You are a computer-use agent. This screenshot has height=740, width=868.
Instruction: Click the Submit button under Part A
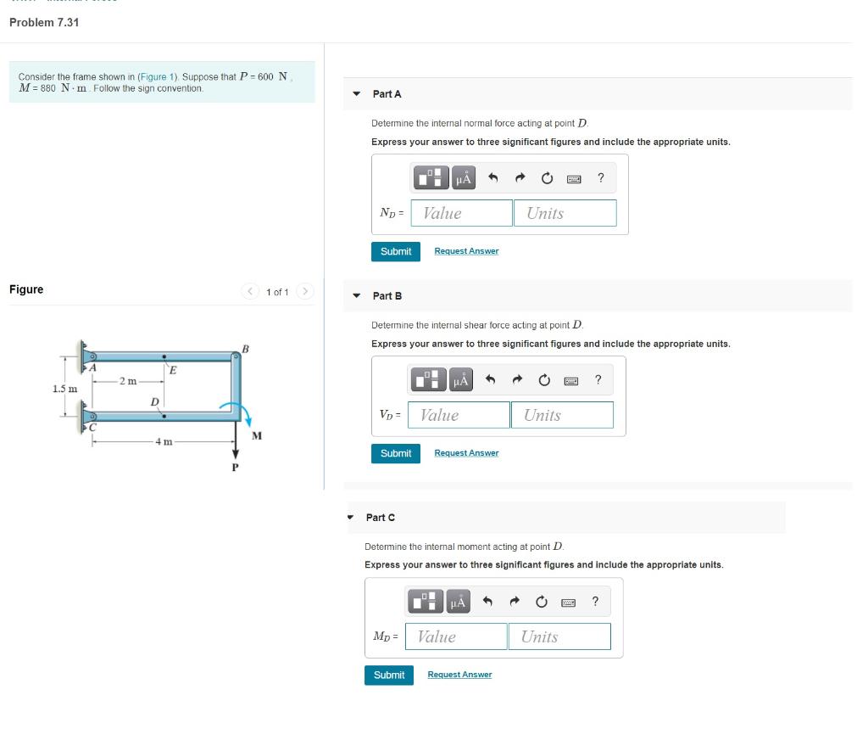coord(395,251)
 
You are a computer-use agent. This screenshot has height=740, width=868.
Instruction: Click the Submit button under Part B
coord(395,453)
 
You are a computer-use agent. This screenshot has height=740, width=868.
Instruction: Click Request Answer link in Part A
coord(466,251)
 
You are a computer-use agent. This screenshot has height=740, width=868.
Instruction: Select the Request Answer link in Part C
coord(459,675)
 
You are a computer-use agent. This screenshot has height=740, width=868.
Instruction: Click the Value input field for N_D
coord(462,213)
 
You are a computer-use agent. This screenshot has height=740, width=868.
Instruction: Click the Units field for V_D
coord(561,415)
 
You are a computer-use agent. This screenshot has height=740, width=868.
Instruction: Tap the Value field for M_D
coord(457,636)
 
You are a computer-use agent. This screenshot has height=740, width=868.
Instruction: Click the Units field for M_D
coord(559,636)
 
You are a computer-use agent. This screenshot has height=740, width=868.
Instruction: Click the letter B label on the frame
coord(246,349)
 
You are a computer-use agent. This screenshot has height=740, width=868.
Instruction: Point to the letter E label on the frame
coord(173,370)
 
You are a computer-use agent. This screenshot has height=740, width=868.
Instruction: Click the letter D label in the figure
coord(154,401)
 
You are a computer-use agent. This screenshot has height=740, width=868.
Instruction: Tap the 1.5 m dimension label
coord(65,389)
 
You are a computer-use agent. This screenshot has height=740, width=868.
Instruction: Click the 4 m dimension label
coord(164,442)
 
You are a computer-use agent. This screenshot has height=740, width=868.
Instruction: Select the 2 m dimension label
coord(128,380)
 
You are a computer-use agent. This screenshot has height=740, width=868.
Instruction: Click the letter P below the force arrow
coord(236,468)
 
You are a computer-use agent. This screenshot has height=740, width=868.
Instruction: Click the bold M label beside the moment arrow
coord(257,436)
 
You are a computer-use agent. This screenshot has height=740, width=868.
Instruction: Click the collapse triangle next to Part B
coord(357,296)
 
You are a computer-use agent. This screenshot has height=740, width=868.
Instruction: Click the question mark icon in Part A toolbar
coord(600,177)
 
